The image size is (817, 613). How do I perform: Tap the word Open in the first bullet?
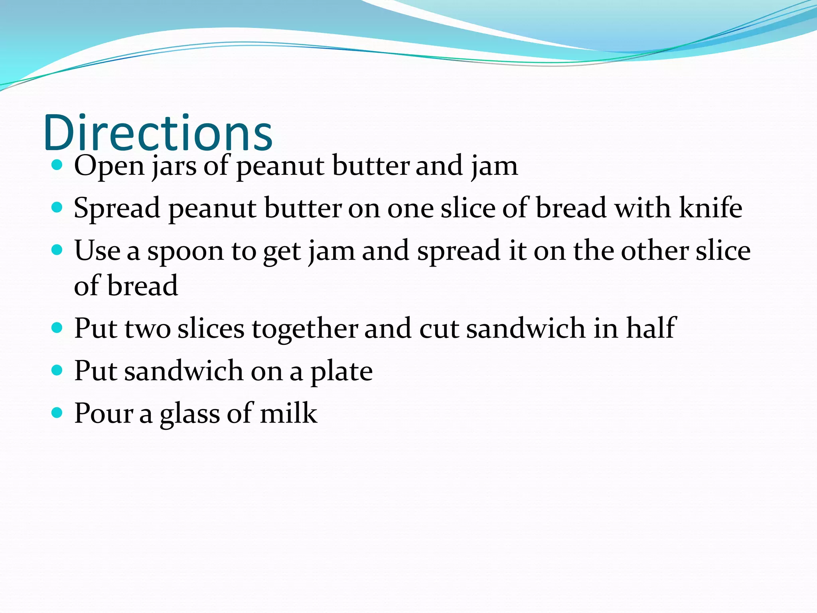point(109,166)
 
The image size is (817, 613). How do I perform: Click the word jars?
point(174,166)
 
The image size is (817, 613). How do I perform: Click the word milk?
point(288,413)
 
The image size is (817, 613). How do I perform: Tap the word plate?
point(341,371)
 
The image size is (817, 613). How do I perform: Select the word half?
point(651,328)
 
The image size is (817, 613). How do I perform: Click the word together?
point(305,329)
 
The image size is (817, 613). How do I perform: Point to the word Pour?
point(104,413)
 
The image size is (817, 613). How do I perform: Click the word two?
point(148,329)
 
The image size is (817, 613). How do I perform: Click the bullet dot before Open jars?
point(57,165)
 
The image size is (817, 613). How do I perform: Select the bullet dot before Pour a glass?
point(57,412)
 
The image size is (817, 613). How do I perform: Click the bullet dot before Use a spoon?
point(57,250)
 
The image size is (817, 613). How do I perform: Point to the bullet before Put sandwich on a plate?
point(57,370)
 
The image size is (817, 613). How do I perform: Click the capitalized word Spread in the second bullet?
point(117,208)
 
